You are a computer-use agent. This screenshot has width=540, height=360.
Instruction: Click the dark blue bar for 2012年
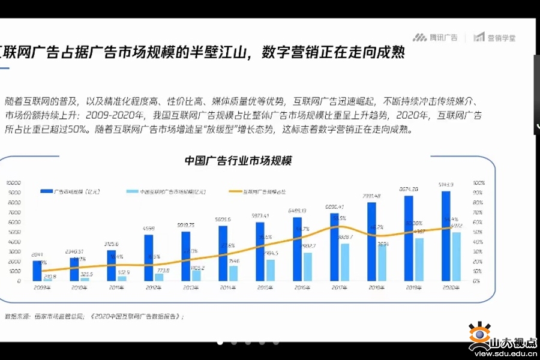tap(148, 257)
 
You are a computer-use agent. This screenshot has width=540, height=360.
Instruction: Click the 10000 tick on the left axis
tap(13, 182)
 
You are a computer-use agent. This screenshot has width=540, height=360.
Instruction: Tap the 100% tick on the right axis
tap(478, 182)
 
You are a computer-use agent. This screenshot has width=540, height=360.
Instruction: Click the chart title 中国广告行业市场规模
tap(238, 161)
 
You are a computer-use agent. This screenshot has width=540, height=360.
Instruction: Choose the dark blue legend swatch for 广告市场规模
tap(46, 191)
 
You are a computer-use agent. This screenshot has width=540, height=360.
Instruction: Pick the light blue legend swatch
tap(132, 191)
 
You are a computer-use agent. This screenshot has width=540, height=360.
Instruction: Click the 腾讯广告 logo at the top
tap(436, 37)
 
